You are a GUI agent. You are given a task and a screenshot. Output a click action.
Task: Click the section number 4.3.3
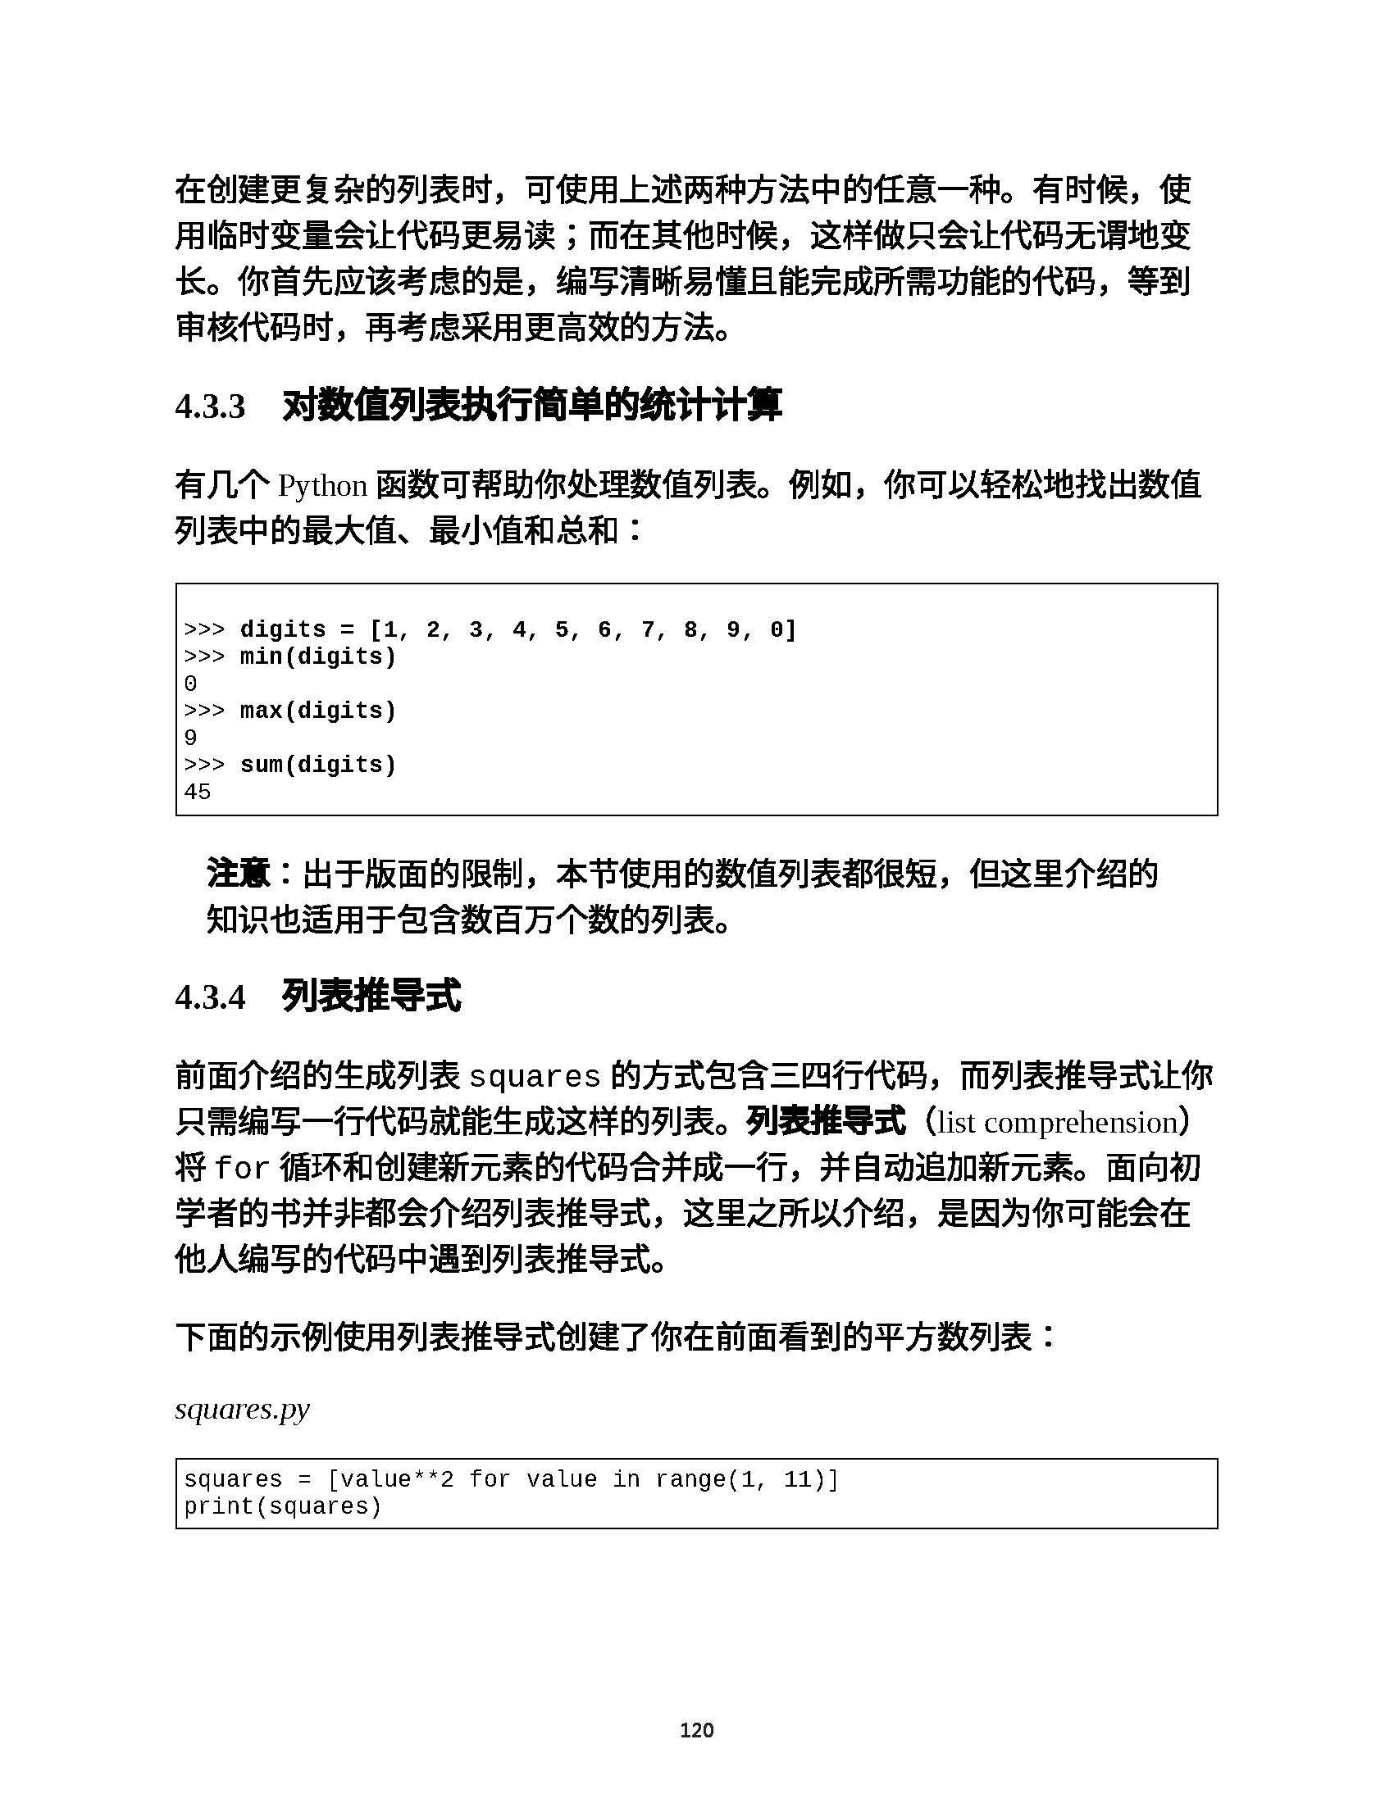(x=210, y=407)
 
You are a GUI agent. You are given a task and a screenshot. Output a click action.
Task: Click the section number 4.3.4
(x=210, y=997)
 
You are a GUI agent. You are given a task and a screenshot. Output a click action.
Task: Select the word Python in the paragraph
(x=322, y=486)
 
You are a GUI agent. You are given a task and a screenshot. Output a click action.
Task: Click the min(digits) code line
(x=317, y=657)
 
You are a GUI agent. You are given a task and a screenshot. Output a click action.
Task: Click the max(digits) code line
(x=317, y=711)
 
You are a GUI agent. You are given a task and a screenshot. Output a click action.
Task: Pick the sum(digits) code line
(x=317, y=765)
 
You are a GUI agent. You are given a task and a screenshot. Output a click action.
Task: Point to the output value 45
(x=198, y=793)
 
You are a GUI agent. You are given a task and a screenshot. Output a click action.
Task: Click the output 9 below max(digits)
(x=191, y=738)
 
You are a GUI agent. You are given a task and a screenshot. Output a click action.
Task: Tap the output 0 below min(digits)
(x=191, y=684)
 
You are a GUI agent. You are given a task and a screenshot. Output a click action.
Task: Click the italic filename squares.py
(x=242, y=1410)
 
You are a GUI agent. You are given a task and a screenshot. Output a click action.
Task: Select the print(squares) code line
(x=282, y=1506)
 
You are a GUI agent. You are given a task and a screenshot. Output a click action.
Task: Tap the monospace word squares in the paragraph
(x=535, y=1078)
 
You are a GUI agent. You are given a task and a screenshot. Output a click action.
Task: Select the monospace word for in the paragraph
(x=242, y=1169)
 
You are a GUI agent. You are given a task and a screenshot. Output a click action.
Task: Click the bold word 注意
(x=238, y=874)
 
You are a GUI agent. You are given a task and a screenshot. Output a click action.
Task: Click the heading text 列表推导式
(x=371, y=997)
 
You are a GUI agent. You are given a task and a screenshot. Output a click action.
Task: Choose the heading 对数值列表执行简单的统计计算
(x=532, y=406)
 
